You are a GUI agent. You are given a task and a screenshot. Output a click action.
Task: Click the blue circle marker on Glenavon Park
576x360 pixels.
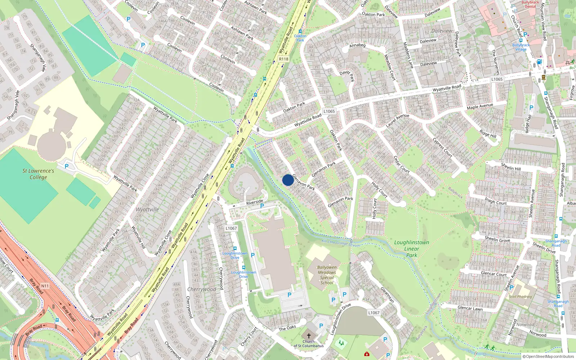pos(288,180)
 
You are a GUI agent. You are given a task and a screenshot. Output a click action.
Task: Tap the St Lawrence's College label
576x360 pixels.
pos(38,174)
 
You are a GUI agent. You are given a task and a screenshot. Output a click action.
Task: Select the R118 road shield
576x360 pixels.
pos(284,59)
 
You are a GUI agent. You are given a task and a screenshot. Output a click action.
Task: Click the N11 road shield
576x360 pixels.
pos(45,286)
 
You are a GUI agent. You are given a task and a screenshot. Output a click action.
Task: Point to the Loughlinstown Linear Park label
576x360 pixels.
pos(411,248)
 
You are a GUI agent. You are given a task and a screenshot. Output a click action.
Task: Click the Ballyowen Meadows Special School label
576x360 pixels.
pos(327,275)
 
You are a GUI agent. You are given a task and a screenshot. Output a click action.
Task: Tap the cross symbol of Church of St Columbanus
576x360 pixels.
pos(309,335)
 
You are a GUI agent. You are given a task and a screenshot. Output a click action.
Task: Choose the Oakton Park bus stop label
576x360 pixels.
pos(300,38)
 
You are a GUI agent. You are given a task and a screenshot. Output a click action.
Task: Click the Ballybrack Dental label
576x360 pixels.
pos(530,4)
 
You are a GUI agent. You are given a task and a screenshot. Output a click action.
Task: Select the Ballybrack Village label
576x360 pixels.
pos(521,47)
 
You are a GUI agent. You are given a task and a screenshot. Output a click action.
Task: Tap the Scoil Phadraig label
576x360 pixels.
pos(520,297)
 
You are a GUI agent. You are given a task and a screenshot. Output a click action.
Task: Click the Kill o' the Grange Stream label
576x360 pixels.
pos(340,243)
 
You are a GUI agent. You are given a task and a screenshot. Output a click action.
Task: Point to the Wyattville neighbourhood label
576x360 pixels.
pos(147,210)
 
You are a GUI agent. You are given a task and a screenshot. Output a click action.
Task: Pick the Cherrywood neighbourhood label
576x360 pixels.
pos(202,289)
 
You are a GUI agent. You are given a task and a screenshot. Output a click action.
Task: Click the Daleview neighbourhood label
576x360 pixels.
pos(442,31)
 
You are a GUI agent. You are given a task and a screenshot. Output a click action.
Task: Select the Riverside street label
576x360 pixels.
pos(255,202)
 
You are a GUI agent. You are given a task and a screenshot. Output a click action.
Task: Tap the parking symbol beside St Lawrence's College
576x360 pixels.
pos(66,166)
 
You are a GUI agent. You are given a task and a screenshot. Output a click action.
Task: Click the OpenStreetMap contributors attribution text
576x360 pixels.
pos(548,356)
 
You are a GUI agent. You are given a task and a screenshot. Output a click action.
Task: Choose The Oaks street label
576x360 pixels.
pos(287,328)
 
